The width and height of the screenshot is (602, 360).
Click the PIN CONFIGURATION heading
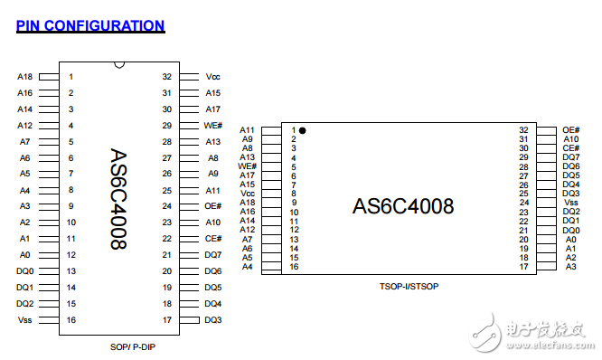tap(90, 25)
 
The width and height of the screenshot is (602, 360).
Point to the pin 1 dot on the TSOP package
tap(303, 130)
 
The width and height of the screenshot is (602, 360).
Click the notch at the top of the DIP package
tap(118, 64)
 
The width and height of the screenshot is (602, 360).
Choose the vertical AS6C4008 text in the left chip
tap(118, 199)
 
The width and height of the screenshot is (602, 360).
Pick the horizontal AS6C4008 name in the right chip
tap(402, 205)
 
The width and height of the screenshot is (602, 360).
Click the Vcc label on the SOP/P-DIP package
tap(213, 77)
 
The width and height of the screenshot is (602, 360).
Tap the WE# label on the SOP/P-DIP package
tap(213, 126)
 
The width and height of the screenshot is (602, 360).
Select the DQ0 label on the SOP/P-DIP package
tap(24, 271)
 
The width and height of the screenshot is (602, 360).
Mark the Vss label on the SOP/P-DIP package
tap(24, 320)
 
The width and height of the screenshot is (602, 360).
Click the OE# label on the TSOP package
tap(570, 130)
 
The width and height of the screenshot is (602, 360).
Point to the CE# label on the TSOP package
tap(570, 148)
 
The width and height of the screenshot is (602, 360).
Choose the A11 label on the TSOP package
tap(248, 130)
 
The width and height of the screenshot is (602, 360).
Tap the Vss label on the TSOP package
tap(570, 203)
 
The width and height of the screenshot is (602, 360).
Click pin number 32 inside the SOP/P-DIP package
tap(166, 77)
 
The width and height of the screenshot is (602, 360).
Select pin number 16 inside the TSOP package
tap(294, 266)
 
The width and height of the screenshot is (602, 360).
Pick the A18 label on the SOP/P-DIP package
tap(24, 77)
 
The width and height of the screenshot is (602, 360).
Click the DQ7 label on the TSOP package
tap(570, 157)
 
